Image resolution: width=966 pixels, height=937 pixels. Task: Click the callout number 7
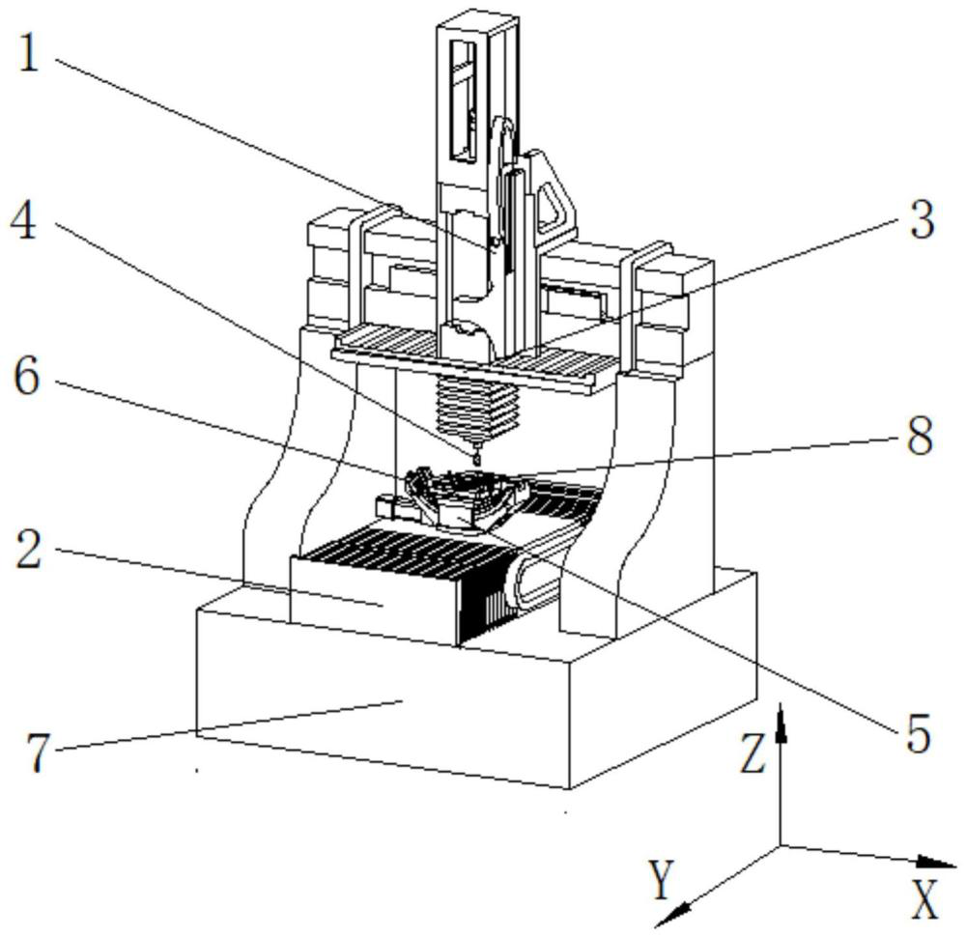pyautogui.click(x=36, y=753)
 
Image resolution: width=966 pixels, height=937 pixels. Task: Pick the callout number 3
pyautogui.click(x=921, y=220)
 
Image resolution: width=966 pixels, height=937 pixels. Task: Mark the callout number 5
pyautogui.click(x=917, y=735)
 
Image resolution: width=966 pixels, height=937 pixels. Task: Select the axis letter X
pyautogui.click(x=925, y=902)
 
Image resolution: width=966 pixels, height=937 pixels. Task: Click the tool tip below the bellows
pyautogui.click(x=474, y=455)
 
